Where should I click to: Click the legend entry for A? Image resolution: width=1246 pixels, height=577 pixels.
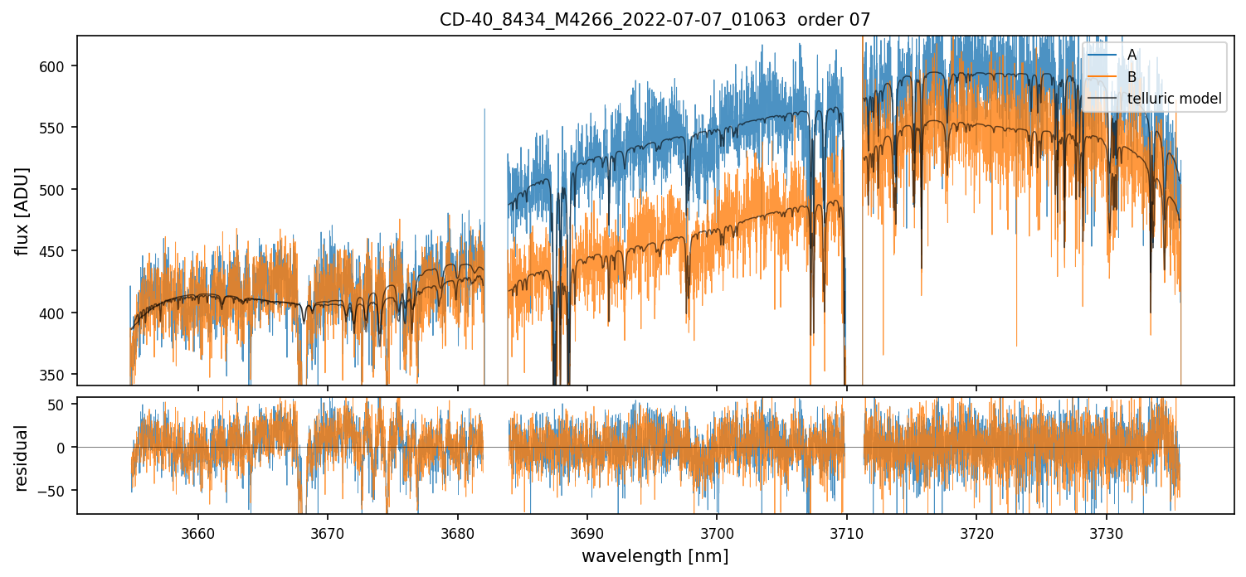[x=1132, y=55]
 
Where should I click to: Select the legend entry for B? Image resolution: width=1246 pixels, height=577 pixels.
[x=1132, y=77]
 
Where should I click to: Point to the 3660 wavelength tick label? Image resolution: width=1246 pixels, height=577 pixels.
[x=197, y=532]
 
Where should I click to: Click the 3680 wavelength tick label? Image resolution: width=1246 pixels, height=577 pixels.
[x=457, y=532]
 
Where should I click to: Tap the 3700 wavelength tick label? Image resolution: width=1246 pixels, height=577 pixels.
[x=717, y=532]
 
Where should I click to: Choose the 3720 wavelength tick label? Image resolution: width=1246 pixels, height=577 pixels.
[x=976, y=532]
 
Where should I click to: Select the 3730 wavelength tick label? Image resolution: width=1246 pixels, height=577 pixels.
[x=1106, y=532]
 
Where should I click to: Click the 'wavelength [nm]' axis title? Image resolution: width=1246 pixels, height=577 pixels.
[x=655, y=556]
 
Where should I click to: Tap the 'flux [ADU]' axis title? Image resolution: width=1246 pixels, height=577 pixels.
[x=22, y=211]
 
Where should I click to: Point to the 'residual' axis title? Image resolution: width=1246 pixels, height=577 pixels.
[x=22, y=458]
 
